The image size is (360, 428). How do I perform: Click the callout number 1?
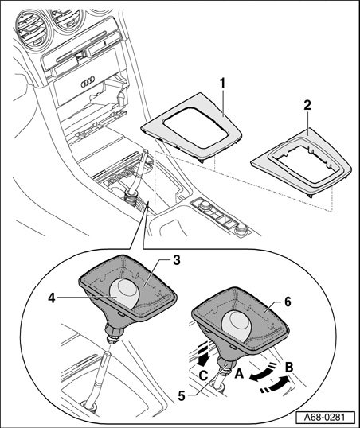click(223, 84)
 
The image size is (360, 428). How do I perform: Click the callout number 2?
click(307, 105)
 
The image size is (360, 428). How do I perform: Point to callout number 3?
click(176, 260)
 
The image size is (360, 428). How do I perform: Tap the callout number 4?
click(52, 298)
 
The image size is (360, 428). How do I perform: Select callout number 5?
click(182, 396)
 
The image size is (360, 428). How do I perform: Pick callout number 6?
click(288, 302)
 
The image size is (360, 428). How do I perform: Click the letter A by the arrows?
click(239, 373)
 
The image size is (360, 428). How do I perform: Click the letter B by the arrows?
click(289, 367)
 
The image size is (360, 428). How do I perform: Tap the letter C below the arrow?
click(203, 376)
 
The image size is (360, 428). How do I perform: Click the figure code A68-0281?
click(325, 417)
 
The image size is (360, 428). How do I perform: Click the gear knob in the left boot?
click(124, 294)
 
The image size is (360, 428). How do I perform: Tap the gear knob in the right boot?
click(238, 325)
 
